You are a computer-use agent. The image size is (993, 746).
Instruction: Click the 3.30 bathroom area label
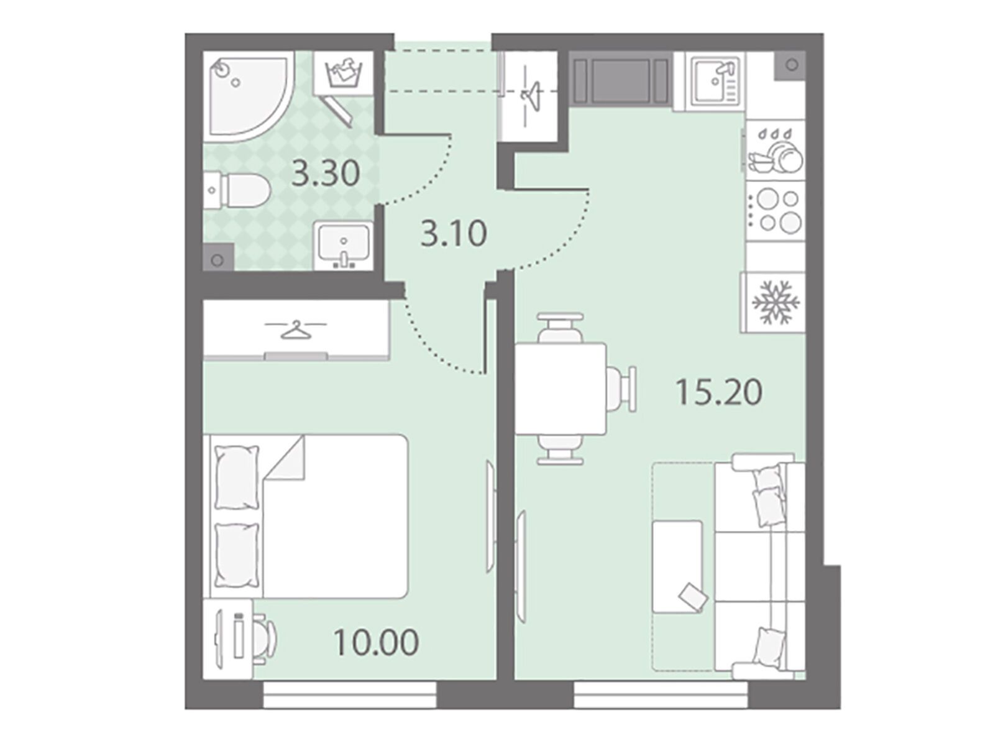(x=325, y=173)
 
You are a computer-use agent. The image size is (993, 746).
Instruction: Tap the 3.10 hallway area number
(x=453, y=234)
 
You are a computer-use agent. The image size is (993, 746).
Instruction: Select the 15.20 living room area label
(x=719, y=392)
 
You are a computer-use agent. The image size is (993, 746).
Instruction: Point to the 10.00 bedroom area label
(x=376, y=643)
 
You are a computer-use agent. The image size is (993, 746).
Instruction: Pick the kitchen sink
(x=715, y=81)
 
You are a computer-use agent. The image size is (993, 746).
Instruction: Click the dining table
(x=561, y=389)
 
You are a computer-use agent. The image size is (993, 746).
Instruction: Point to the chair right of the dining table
(x=621, y=389)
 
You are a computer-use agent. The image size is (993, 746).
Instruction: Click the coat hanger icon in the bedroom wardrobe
(x=295, y=330)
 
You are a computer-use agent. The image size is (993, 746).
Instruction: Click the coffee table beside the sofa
(x=678, y=566)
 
